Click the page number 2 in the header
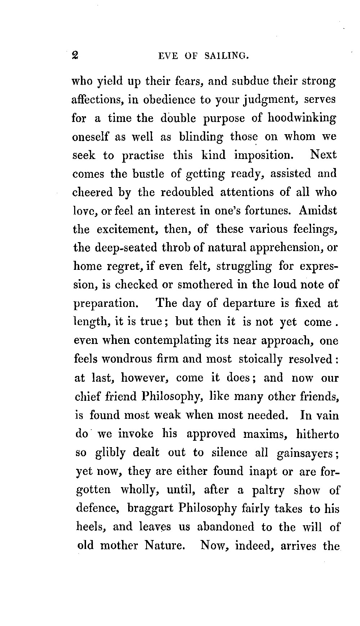[x=75, y=55]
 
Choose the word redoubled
[x=187, y=192]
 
